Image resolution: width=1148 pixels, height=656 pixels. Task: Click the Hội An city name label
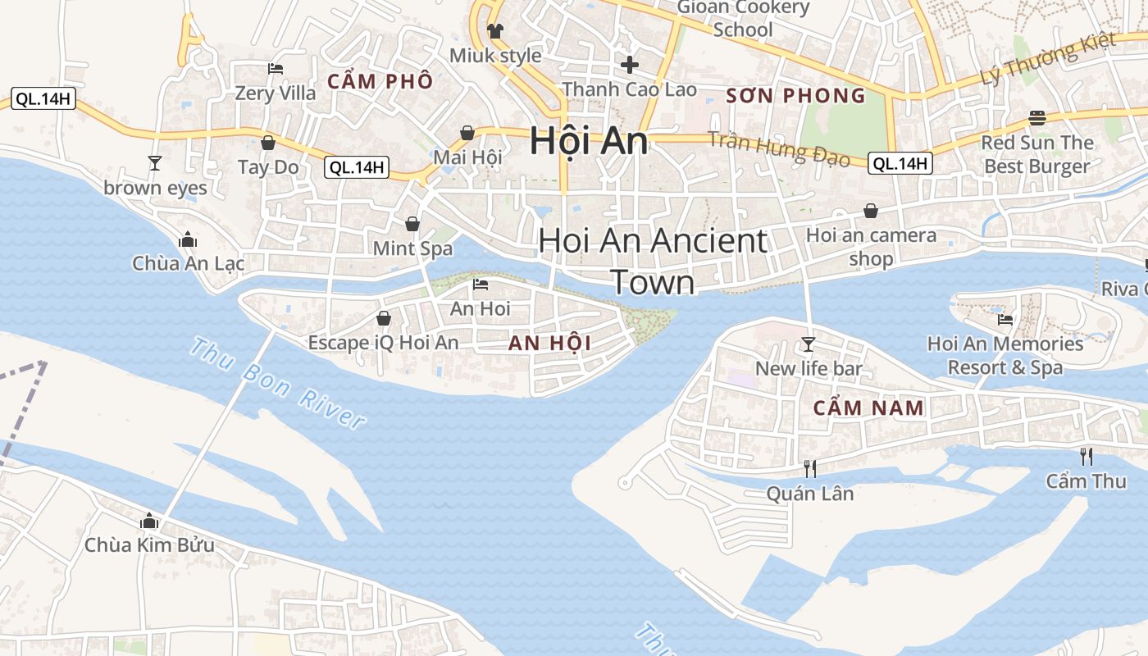tap(589, 141)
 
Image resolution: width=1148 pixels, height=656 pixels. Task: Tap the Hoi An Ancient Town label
tap(653, 261)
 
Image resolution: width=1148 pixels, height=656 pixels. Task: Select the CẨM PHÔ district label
tap(380, 81)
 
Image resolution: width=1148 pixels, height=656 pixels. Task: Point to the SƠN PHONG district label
tap(795, 96)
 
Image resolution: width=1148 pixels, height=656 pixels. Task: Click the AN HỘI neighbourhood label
tap(549, 343)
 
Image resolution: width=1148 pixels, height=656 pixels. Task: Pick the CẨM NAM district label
tap(868, 408)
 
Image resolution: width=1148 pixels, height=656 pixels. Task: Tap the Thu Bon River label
tap(276, 383)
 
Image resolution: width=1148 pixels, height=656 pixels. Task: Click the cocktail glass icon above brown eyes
tap(155, 163)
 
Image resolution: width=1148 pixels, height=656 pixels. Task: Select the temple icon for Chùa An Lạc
tap(188, 239)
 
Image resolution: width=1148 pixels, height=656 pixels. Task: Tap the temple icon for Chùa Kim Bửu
tap(149, 521)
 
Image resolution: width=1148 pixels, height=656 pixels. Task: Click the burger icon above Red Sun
tap(1037, 117)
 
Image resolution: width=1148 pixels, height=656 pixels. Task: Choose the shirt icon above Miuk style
tap(495, 31)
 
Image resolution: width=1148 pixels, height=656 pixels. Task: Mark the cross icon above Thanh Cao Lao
tap(630, 64)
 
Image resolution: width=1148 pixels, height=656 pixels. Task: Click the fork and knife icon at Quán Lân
tap(810, 468)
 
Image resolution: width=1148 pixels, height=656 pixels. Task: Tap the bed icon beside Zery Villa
tap(276, 69)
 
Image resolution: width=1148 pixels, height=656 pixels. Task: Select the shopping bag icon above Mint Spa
tap(412, 224)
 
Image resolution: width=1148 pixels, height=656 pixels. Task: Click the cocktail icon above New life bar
tap(809, 344)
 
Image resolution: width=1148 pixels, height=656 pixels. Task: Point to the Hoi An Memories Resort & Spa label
tap(1004, 355)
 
